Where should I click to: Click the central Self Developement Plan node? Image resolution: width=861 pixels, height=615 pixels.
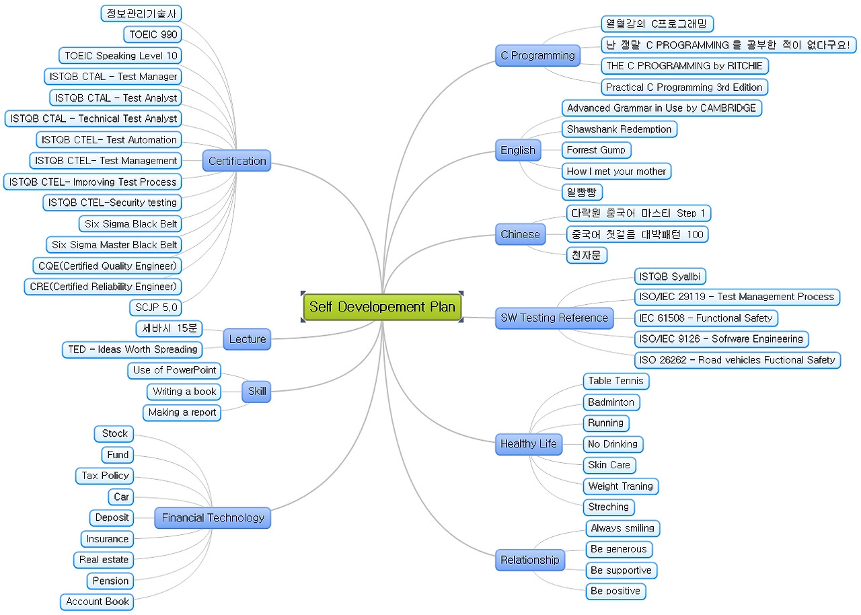382,307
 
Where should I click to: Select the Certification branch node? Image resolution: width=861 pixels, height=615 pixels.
237,161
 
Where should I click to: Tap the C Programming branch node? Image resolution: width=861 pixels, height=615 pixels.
537,56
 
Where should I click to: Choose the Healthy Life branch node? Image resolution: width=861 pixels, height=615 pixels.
529,444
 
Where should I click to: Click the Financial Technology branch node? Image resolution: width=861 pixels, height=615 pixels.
213,518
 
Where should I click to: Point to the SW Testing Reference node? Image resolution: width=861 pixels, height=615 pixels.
554,318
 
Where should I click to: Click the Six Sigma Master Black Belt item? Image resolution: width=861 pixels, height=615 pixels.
114,245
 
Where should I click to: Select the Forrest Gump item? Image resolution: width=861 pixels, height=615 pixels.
596,150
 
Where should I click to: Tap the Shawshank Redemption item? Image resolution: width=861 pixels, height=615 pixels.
619,129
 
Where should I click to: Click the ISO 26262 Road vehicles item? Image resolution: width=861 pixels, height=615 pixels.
737,360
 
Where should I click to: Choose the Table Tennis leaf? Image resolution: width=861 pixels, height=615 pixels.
615,381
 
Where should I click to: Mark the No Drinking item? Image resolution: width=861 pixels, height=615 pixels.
612,444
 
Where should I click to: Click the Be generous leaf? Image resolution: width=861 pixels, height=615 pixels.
618,549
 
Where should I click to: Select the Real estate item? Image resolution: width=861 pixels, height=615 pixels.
104,560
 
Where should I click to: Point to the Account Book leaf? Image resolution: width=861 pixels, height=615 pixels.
98,602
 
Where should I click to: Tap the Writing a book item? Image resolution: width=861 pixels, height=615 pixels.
184,392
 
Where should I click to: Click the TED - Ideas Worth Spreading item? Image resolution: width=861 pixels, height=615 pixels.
133,349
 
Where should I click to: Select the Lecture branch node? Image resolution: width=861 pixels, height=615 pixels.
247,339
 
